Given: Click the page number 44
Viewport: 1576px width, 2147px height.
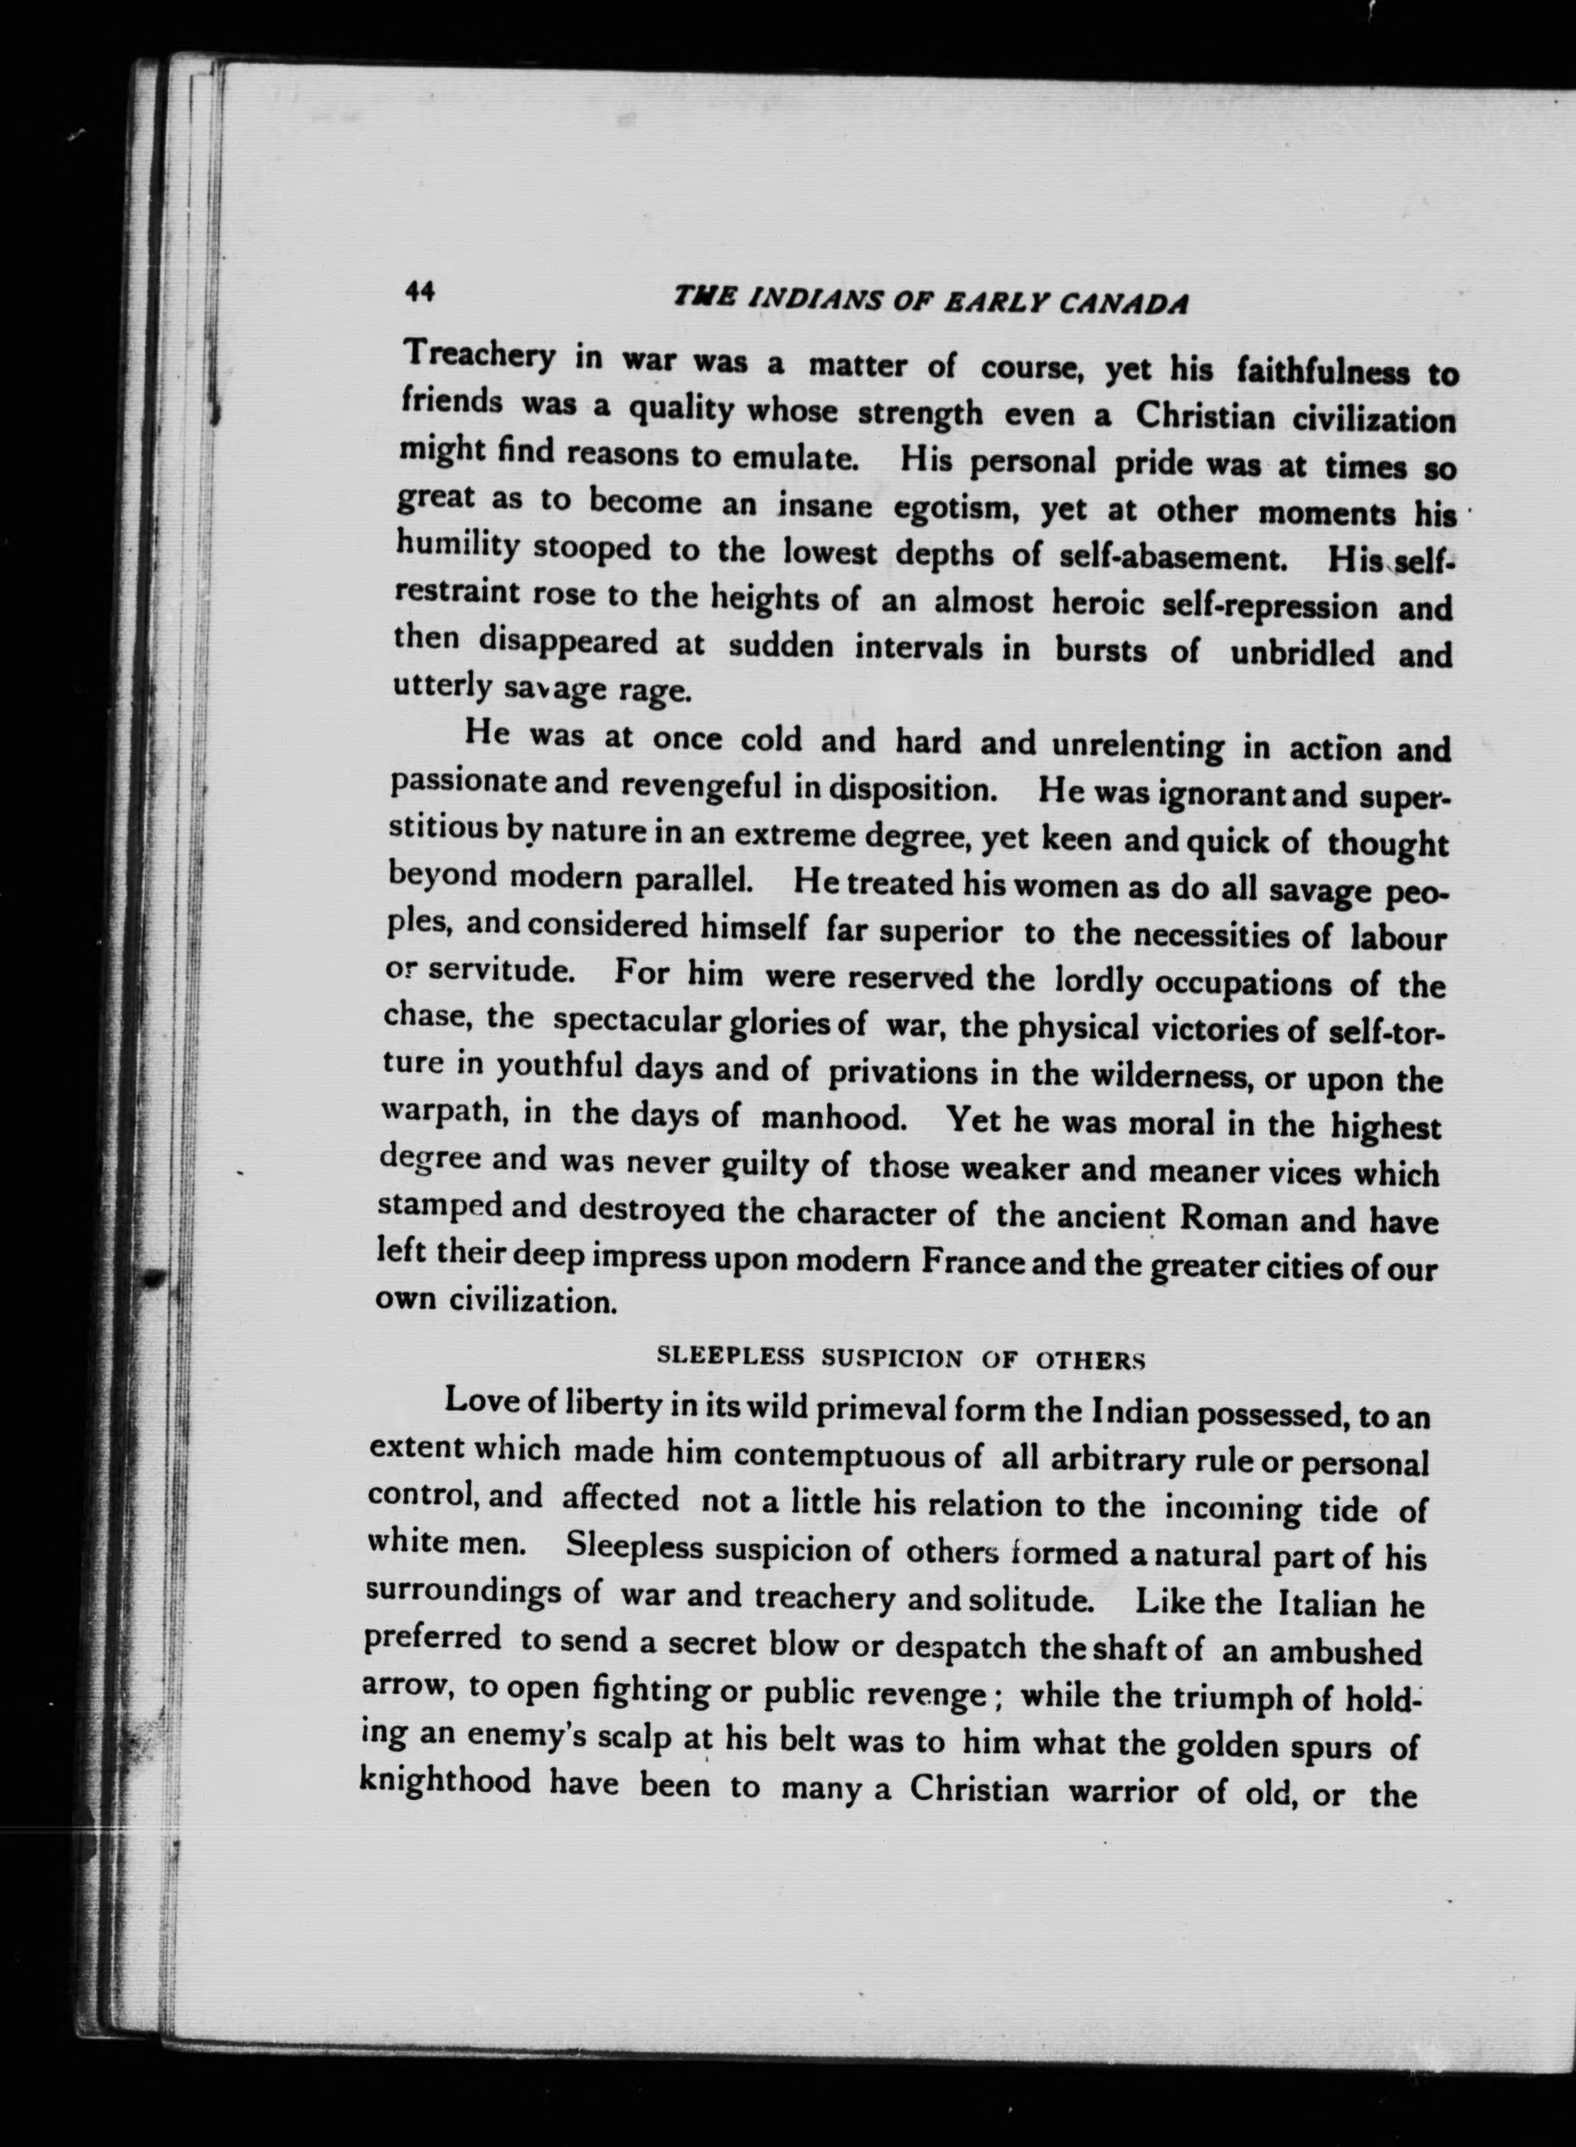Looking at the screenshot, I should click(x=420, y=292).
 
